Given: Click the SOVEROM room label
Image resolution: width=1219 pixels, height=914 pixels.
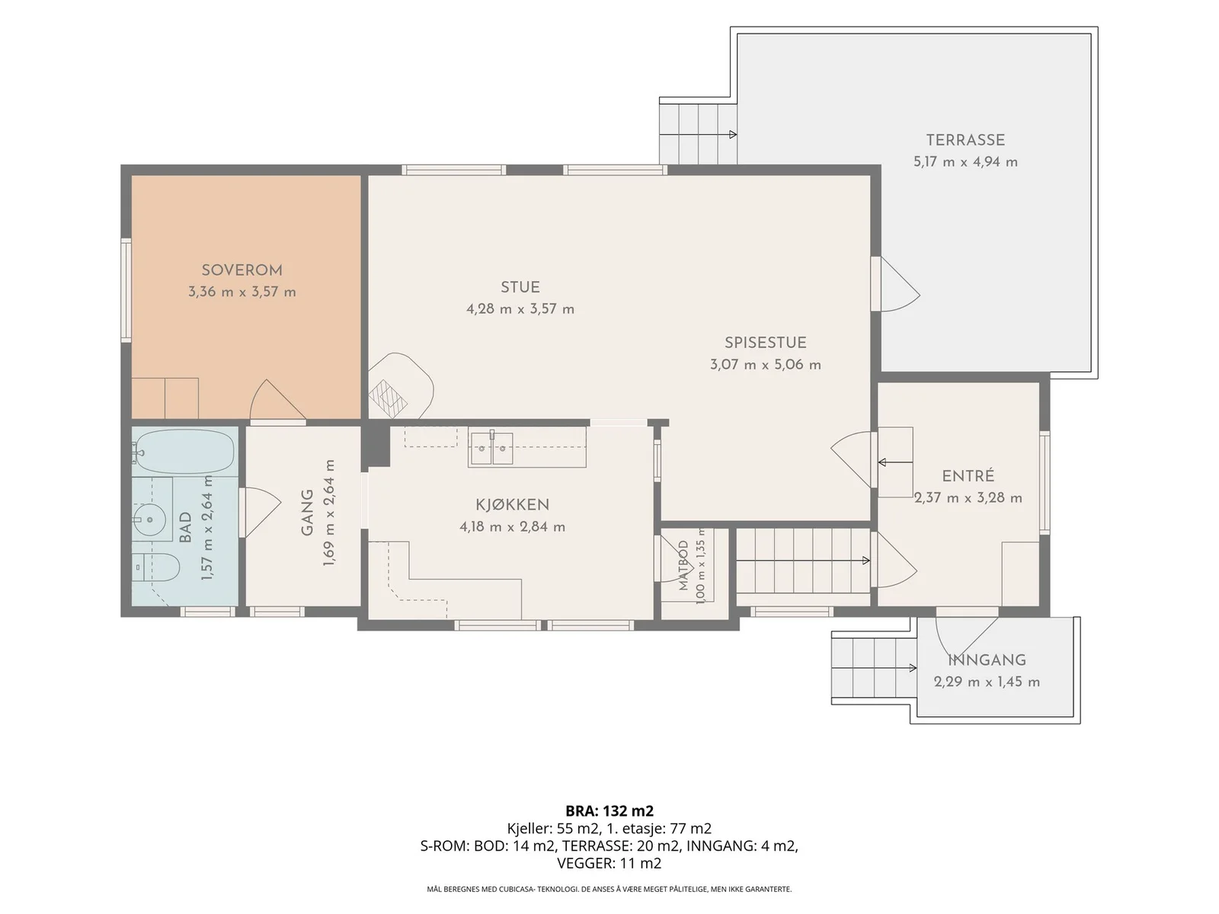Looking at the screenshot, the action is [x=242, y=270].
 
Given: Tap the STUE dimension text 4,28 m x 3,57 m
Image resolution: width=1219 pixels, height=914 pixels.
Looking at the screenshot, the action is [x=520, y=309].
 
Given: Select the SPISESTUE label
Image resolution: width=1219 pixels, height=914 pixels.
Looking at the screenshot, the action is [x=765, y=343].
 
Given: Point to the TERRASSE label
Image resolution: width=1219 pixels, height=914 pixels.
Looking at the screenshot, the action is [x=965, y=140].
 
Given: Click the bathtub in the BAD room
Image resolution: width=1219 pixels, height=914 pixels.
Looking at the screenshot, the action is [x=184, y=451].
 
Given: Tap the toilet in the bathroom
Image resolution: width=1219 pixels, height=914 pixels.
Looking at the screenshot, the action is [x=157, y=567].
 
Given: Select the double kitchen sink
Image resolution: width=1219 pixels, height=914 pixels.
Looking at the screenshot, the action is [x=491, y=447].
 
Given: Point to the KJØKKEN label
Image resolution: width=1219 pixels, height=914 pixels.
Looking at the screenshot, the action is [x=512, y=505].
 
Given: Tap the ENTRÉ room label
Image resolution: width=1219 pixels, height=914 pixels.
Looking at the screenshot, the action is [x=968, y=475].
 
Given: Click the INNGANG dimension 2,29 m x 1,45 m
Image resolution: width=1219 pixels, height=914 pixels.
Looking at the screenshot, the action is [x=987, y=682].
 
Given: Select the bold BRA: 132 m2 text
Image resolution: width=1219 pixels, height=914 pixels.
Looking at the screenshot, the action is [x=609, y=810].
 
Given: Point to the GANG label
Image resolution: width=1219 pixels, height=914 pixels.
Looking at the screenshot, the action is [x=307, y=512].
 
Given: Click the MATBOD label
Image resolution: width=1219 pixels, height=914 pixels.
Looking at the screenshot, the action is [x=683, y=565].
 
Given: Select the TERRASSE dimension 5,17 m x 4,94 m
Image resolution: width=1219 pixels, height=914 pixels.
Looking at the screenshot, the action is [x=965, y=162].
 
